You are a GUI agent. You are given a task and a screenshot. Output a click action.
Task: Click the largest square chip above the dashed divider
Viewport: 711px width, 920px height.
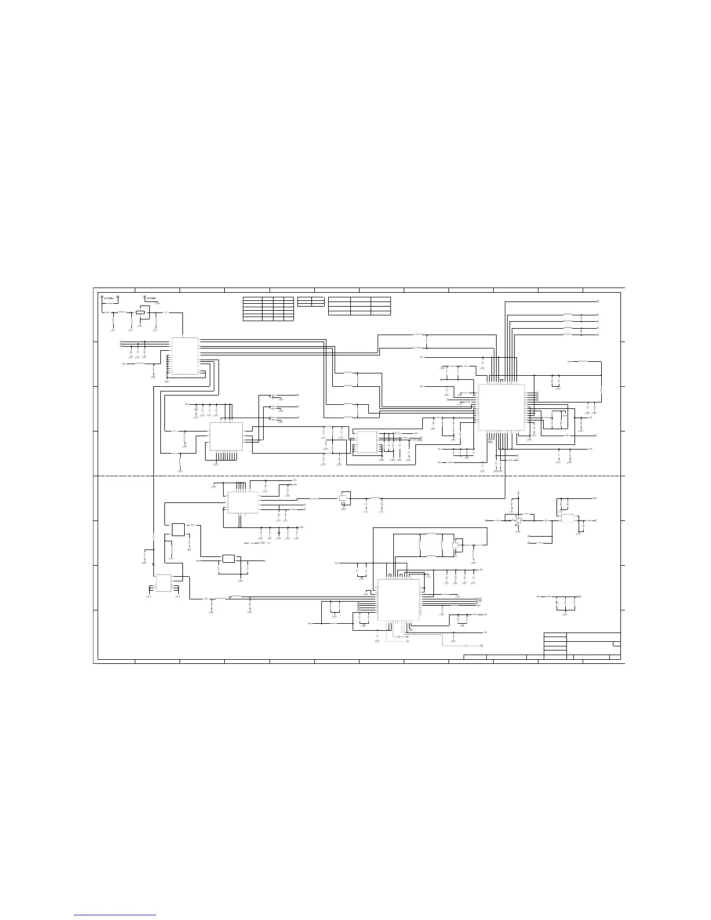pos(501,407)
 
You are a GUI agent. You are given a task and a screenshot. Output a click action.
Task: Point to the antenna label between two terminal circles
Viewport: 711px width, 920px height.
pos(110,298)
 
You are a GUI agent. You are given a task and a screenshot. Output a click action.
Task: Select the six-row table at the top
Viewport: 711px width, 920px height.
pos(268,309)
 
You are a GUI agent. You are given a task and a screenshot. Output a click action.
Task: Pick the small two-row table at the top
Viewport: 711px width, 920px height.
pos(310,301)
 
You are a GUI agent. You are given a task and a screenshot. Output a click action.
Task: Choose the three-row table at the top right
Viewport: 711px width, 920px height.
pos(359,306)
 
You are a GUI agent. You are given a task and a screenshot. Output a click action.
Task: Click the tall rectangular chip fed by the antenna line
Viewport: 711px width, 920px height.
pos(184,355)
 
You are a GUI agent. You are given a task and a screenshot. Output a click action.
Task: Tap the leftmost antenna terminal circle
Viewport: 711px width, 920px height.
pos(102,297)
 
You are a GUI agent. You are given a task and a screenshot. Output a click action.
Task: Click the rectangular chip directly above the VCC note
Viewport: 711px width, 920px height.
pos(243,502)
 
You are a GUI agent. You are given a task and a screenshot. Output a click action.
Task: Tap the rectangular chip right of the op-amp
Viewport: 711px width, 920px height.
pos(568,519)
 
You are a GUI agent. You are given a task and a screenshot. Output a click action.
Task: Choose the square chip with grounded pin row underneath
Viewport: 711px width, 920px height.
pos(226,436)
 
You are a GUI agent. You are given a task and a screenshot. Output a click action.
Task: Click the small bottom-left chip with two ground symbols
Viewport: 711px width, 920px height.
pos(164,583)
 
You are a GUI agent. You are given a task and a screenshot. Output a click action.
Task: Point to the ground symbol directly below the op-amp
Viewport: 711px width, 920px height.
pos(517,530)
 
